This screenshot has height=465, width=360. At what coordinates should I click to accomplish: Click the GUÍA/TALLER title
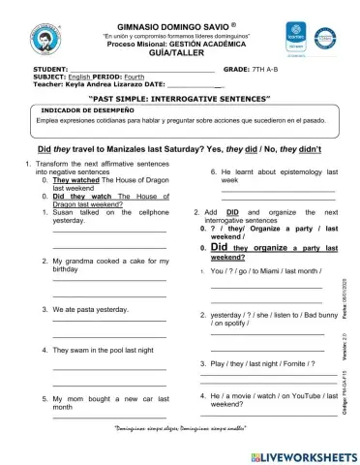coord(180,54)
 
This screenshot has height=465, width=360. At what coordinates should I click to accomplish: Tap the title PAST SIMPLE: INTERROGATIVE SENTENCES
coord(179,100)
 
